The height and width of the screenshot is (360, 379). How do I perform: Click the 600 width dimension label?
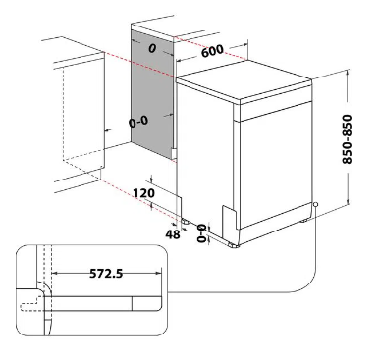[212, 51]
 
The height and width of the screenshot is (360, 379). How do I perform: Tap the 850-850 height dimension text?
[347, 138]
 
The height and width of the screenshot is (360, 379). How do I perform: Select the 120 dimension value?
[144, 193]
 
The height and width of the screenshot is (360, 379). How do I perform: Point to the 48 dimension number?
[173, 234]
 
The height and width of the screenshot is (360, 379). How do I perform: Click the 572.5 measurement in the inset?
[106, 273]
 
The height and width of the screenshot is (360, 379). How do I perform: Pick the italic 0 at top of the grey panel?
[152, 48]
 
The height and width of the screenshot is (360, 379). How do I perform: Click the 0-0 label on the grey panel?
[138, 122]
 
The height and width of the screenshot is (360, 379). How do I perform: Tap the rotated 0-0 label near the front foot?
[202, 233]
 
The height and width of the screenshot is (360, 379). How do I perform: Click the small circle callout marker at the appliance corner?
[315, 204]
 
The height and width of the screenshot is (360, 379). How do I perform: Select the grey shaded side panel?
[152, 95]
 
